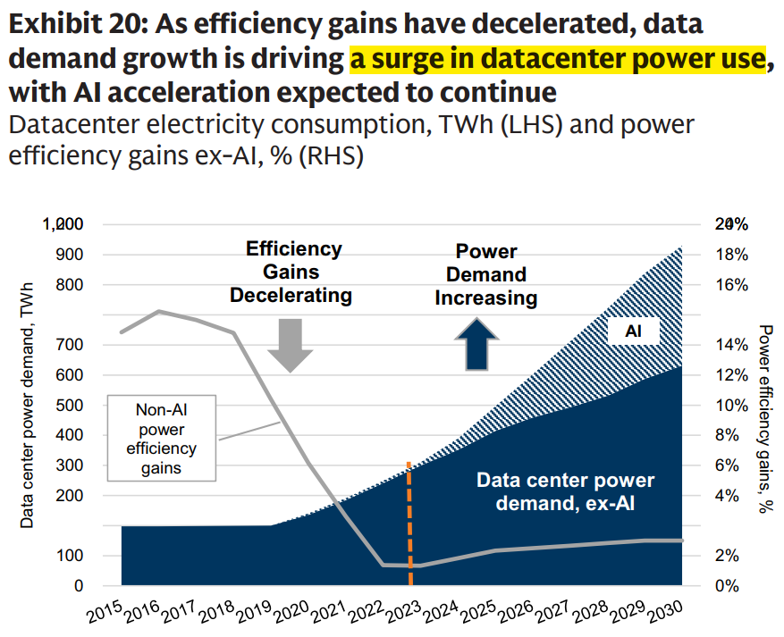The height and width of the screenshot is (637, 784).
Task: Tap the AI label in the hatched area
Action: (x=633, y=331)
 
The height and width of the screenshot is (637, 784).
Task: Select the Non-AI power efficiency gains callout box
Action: (x=162, y=438)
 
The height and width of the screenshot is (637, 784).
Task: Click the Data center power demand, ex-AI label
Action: (x=565, y=492)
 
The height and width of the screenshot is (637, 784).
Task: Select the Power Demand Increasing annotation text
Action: (x=486, y=275)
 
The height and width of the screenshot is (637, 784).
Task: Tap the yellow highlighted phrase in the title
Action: (x=558, y=59)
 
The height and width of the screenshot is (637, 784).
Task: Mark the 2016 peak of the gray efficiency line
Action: (x=159, y=311)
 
